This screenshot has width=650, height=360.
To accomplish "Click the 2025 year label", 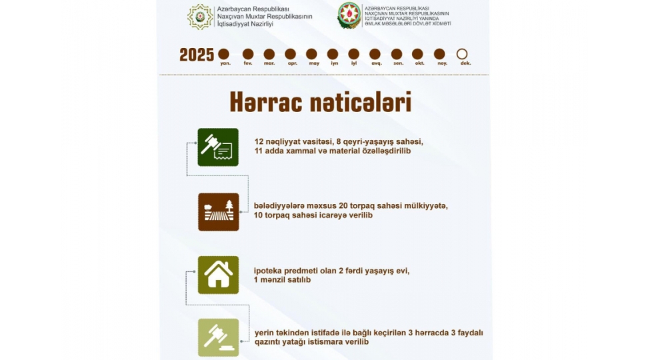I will (x=197, y=55).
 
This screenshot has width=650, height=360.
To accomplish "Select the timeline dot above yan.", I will (x=224, y=54).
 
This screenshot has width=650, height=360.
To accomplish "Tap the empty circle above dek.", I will (x=462, y=54).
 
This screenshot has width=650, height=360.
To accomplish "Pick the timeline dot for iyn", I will (x=333, y=54).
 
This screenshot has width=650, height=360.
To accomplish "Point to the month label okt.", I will (x=418, y=63).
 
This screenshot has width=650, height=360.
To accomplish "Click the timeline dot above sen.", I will (x=397, y=54).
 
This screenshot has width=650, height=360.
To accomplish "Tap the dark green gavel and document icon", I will (x=219, y=147).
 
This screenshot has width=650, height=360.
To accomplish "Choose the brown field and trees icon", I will (x=219, y=211).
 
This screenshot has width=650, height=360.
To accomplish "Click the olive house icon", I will (x=219, y=275).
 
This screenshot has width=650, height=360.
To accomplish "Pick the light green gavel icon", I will (x=219, y=337).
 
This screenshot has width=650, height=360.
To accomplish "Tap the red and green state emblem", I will (x=349, y=15).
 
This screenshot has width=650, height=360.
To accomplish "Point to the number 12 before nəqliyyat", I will (x=259, y=141).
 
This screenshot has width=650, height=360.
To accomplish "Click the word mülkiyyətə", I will (x=425, y=206).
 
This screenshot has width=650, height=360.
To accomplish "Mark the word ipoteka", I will (x=269, y=270).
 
